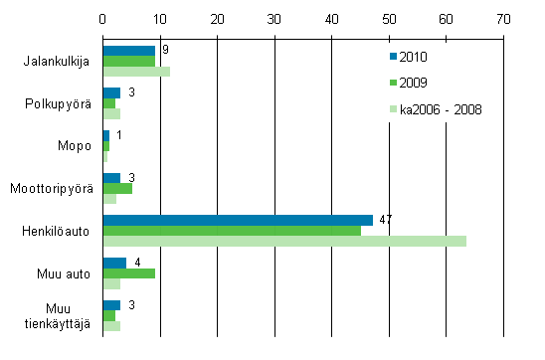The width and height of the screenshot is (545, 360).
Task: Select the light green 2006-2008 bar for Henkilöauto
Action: coord(284,242)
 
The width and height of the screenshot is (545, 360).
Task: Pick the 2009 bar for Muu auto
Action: coord(129,273)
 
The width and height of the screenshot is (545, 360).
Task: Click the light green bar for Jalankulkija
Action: coord(136,72)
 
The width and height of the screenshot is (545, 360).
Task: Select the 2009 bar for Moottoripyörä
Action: coord(117,188)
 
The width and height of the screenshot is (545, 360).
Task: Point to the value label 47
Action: coord(386,218)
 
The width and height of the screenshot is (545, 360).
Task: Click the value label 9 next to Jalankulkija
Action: coord(164,49)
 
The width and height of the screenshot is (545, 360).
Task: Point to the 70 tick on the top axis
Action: coord(504,19)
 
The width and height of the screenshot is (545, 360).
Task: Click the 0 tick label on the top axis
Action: coord(103,19)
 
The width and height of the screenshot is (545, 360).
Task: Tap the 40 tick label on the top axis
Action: coord(332,19)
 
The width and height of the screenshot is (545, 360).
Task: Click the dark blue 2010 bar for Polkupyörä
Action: coord(111,92)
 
